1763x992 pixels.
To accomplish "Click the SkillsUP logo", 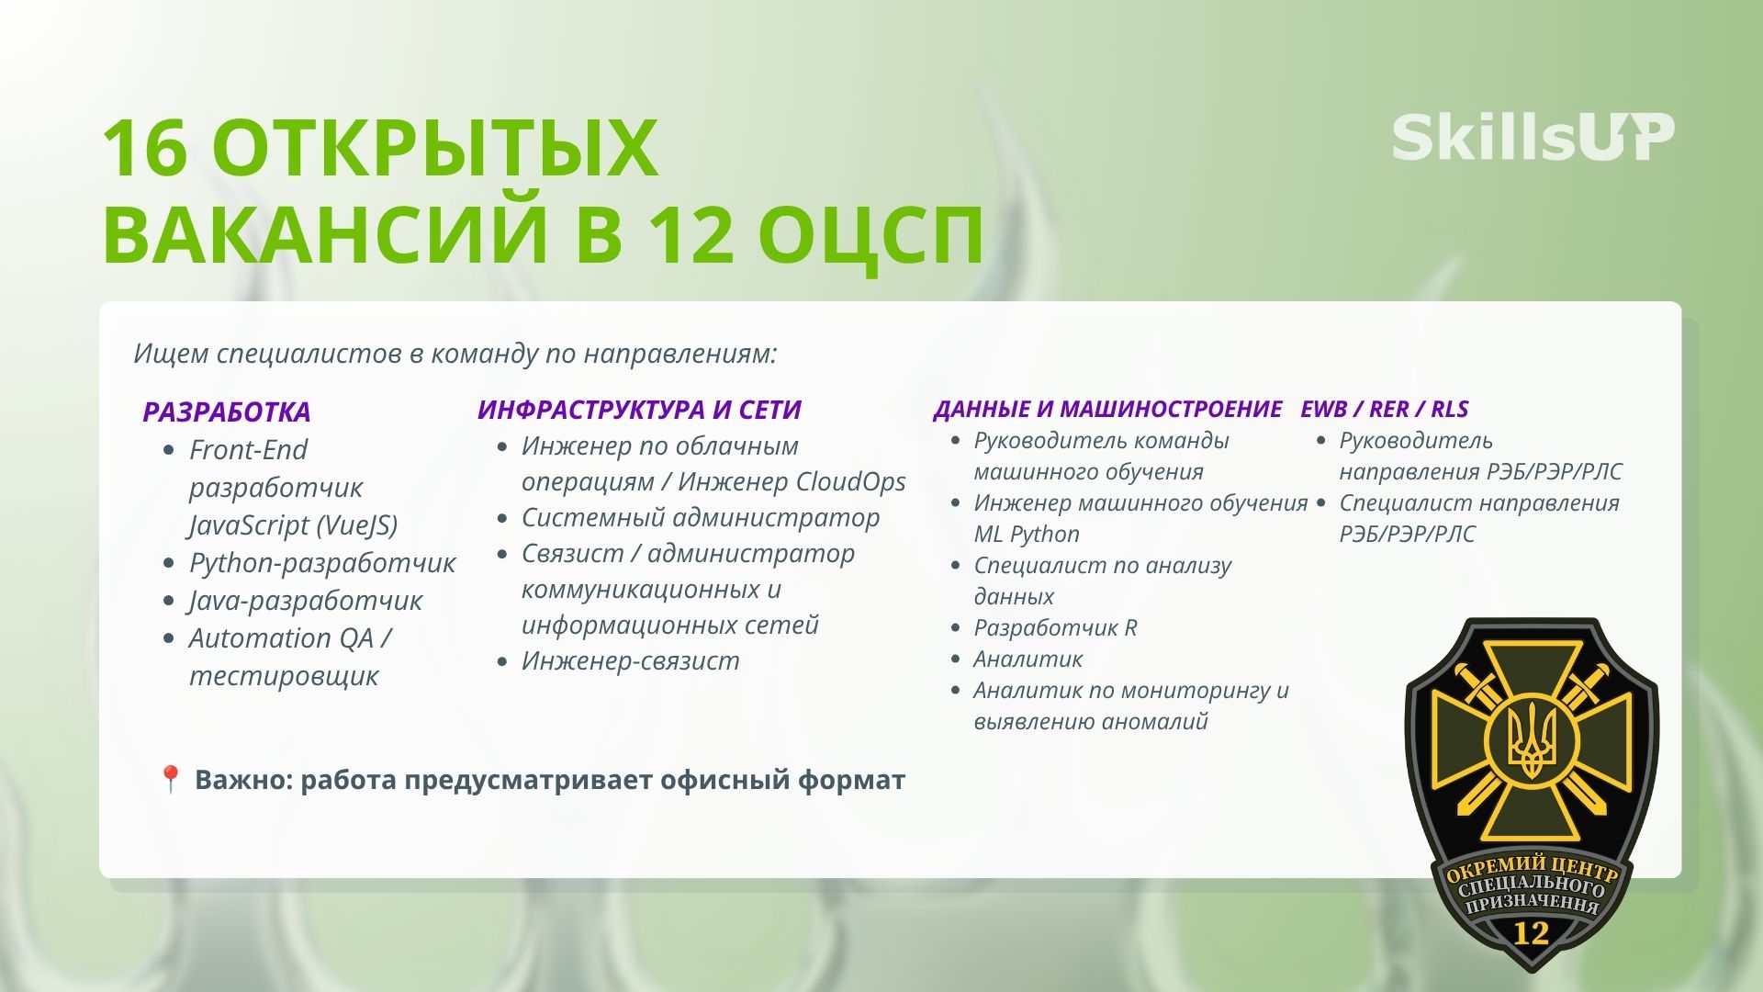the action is (x=1533, y=138).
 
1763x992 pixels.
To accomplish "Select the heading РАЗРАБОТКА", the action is (x=227, y=411).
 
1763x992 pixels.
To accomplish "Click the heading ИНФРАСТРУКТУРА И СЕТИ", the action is (x=639, y=410).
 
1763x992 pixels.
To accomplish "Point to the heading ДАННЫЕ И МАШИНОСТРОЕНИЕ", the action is (x=1107, y=409).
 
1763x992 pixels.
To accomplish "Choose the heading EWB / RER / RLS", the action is (x=1384, y=409).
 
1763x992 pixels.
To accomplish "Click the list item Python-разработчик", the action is (x=322, y=562).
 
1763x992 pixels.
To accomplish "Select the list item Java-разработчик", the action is (x=306, y=600).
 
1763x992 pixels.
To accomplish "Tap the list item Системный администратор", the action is (x=701, y=517).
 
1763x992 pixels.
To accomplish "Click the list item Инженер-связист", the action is (x=631, y=660).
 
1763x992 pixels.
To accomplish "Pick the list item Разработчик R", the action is (x=1055, y=627).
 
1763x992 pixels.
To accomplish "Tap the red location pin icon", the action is (x=170, y=780).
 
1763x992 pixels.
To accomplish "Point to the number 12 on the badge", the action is (x=1531, y=934).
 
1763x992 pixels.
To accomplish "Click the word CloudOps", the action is (x=850, y=481).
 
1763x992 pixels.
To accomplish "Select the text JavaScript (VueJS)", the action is (x=293, y=524).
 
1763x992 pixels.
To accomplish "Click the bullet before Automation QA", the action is (x=168, y=638).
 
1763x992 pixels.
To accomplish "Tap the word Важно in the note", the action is (x=243, y=780).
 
